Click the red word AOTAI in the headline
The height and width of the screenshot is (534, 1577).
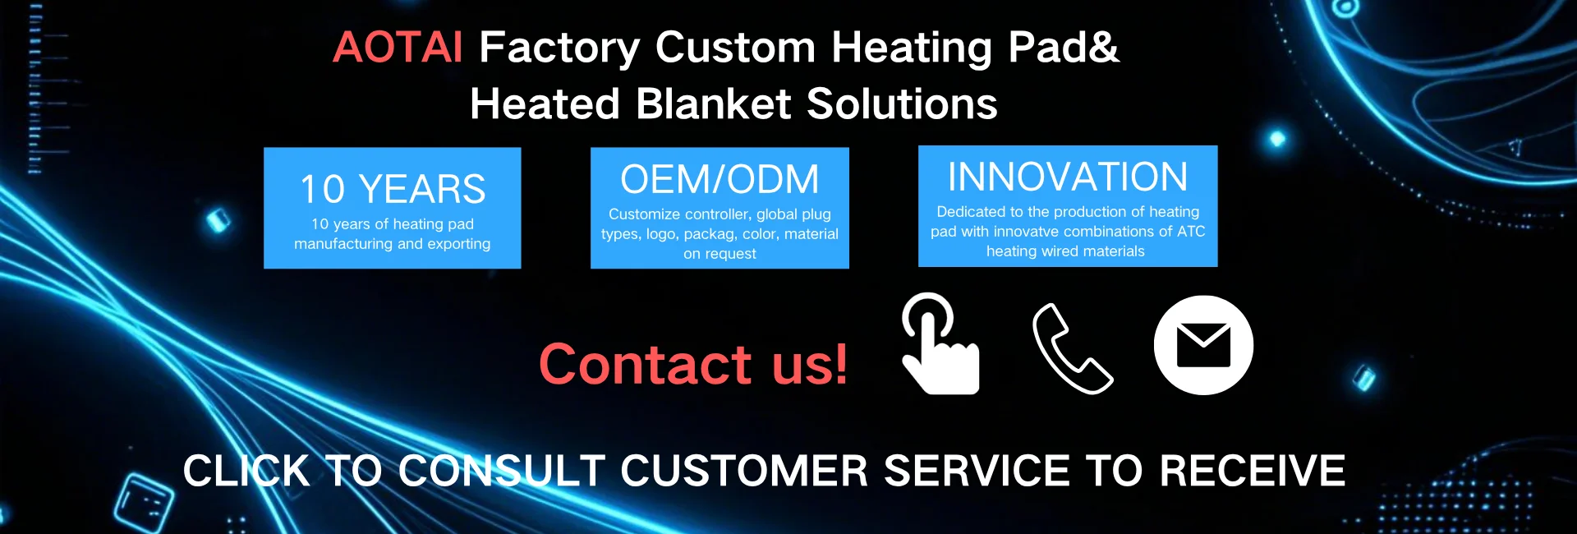[x=398, y=47]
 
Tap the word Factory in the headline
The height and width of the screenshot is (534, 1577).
[x=559, y=48]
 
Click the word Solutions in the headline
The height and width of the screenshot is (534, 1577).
[x=902, y=104]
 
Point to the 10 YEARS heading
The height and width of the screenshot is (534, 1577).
[x=393, y=190]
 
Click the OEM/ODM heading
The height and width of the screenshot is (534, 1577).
[x=720, y=180]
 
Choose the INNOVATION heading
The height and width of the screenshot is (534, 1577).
[x=1068, y=177]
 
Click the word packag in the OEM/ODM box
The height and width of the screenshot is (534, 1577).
[x=710, y=235]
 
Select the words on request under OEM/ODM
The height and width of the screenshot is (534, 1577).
[x=720, y=254]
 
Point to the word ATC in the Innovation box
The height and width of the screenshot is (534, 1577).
[x=1191, y=232]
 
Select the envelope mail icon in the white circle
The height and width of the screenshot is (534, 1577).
[x=1203, y=345]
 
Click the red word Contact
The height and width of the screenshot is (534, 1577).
[x=645, y=364]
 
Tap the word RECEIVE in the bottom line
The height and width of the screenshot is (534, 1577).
[x=1252, y=472]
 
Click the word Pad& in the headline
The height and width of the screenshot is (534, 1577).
[x=1064, y=48]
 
